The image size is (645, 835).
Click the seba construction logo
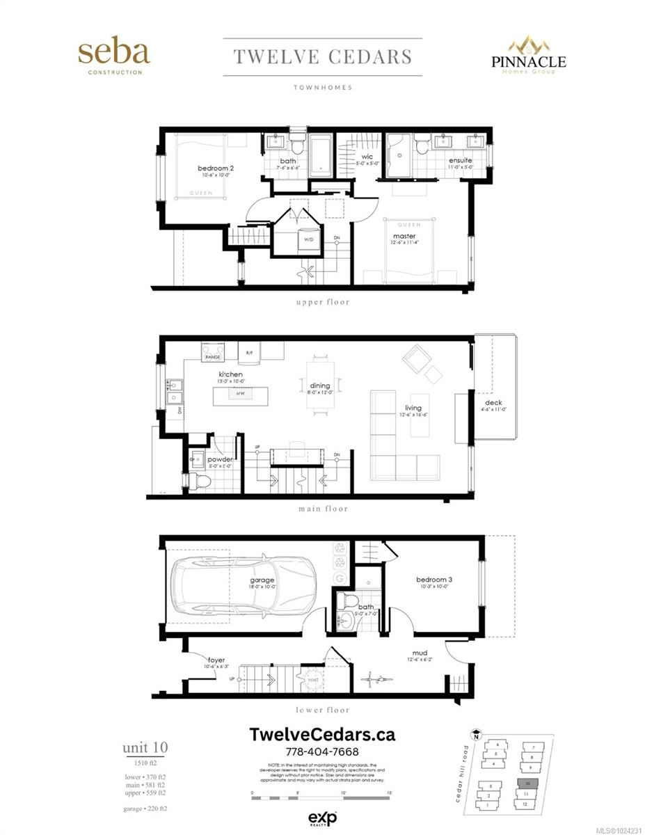pos(113,56)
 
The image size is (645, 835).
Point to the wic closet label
pos(367,157)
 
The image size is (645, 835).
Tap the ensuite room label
pos(459,161)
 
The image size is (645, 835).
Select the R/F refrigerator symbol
pos(249,353)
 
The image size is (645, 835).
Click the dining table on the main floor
pos(319,385)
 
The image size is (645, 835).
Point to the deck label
pos(493,401)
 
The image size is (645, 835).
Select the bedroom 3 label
pos(433,580)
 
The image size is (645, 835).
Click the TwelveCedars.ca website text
pos(322,735)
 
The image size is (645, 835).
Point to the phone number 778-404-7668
pos(322,752)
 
